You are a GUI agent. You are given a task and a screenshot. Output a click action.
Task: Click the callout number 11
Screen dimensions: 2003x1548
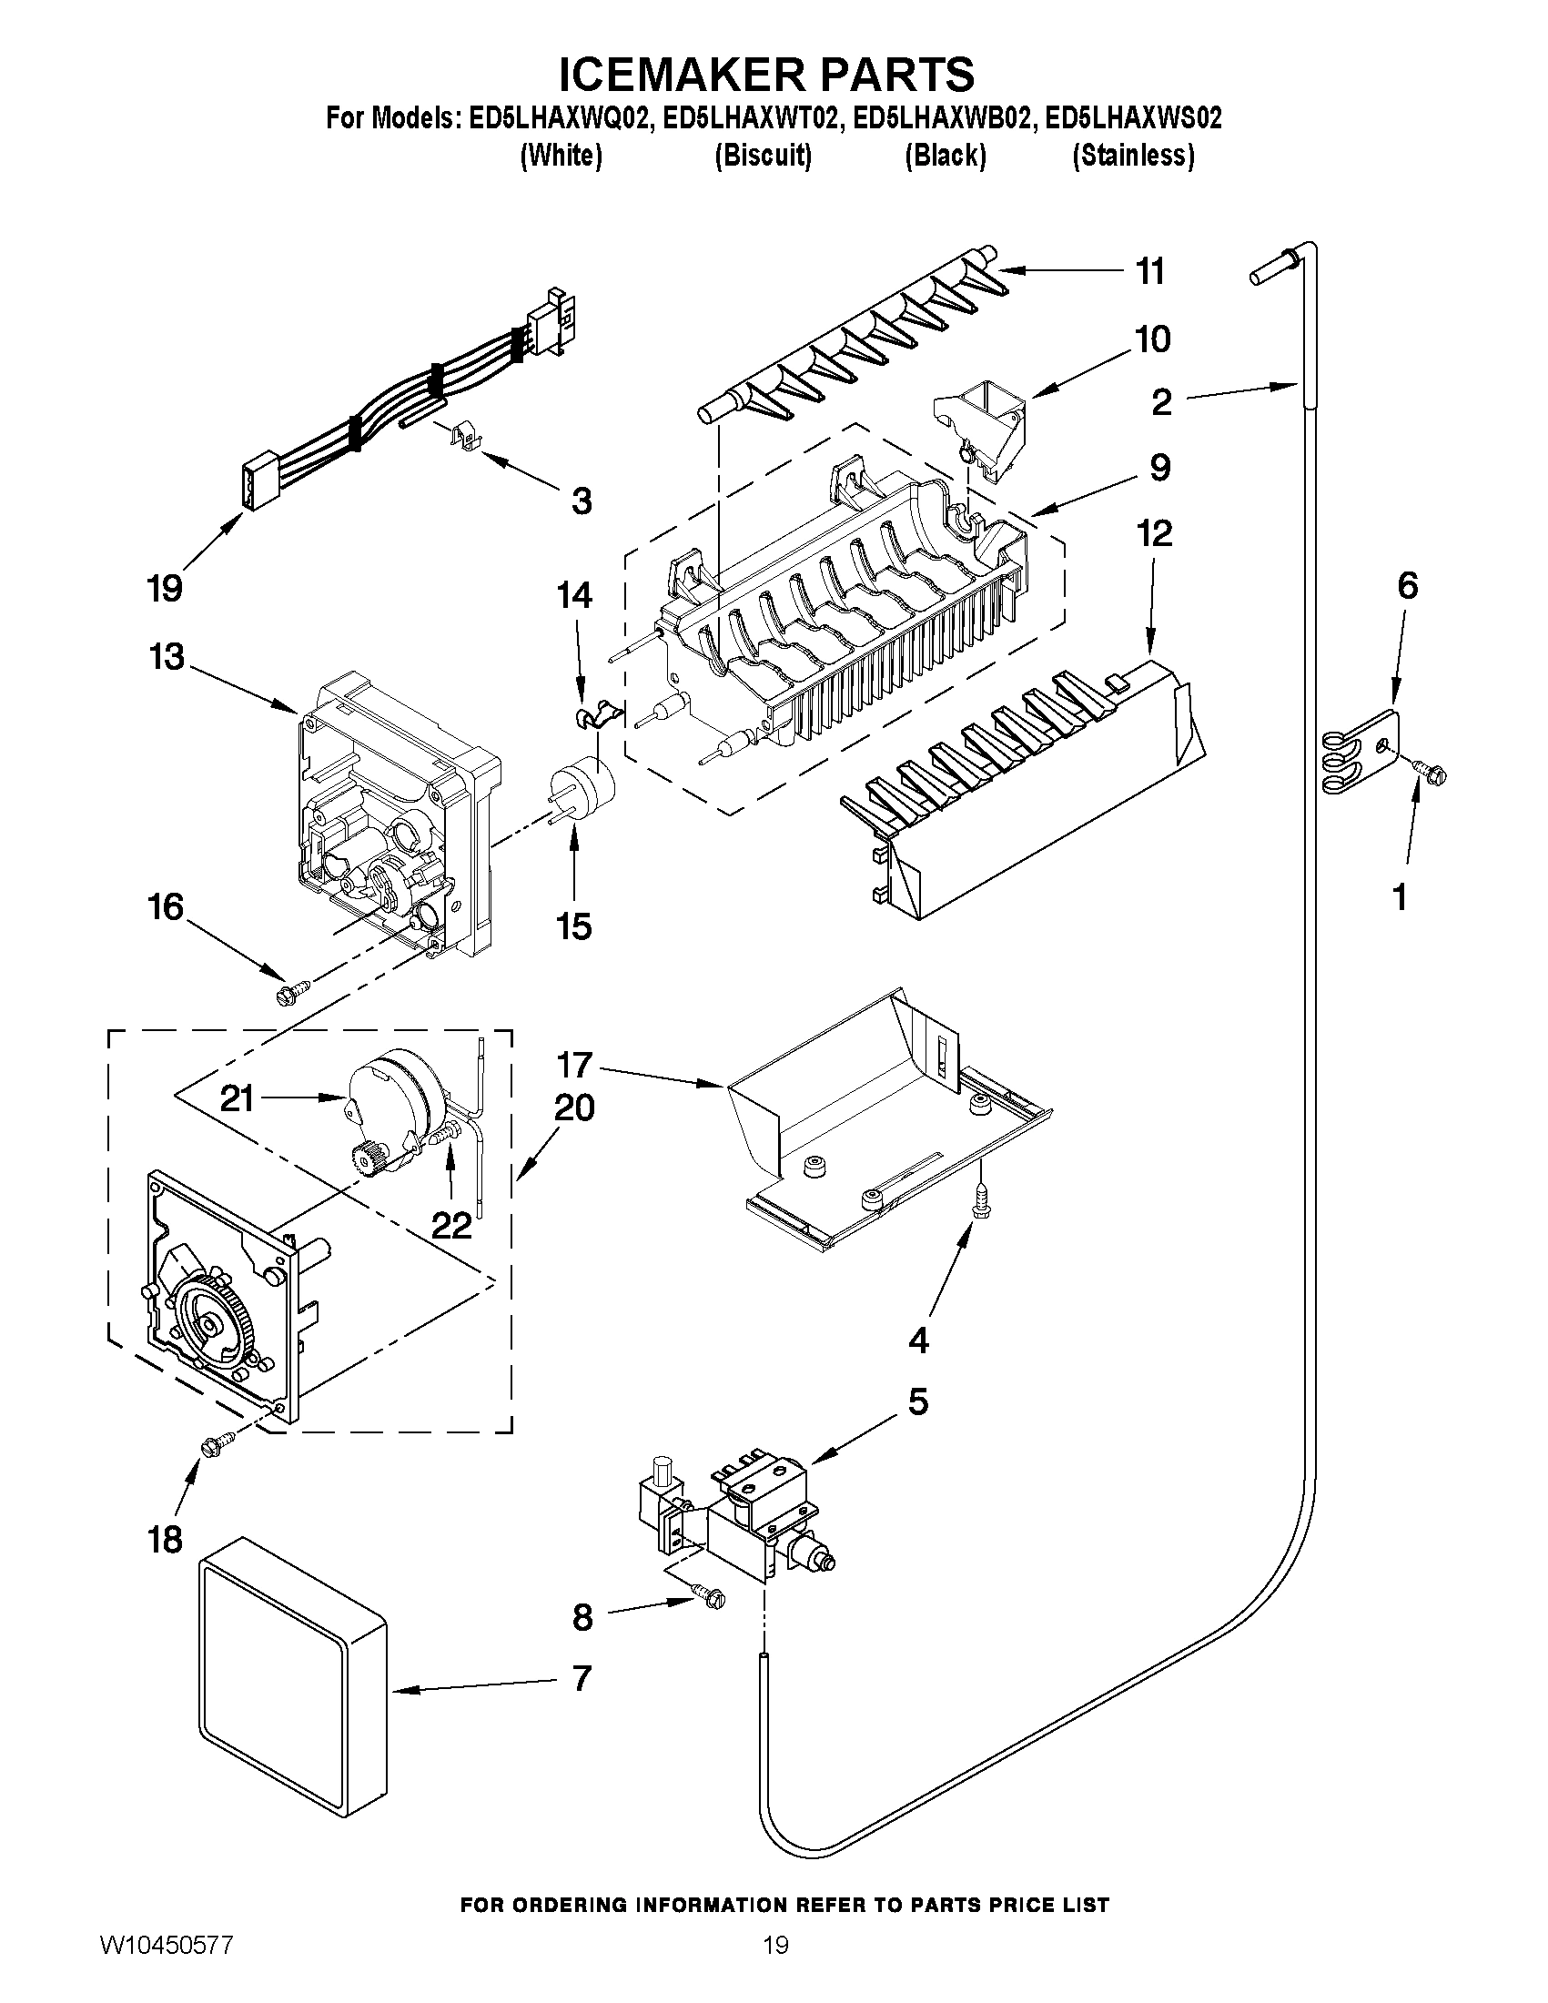coord(1150,272)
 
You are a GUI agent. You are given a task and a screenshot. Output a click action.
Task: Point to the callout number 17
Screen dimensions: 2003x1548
coord(574,1066)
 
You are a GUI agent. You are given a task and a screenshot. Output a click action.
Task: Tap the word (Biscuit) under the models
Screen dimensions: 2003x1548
coord(763,156)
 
